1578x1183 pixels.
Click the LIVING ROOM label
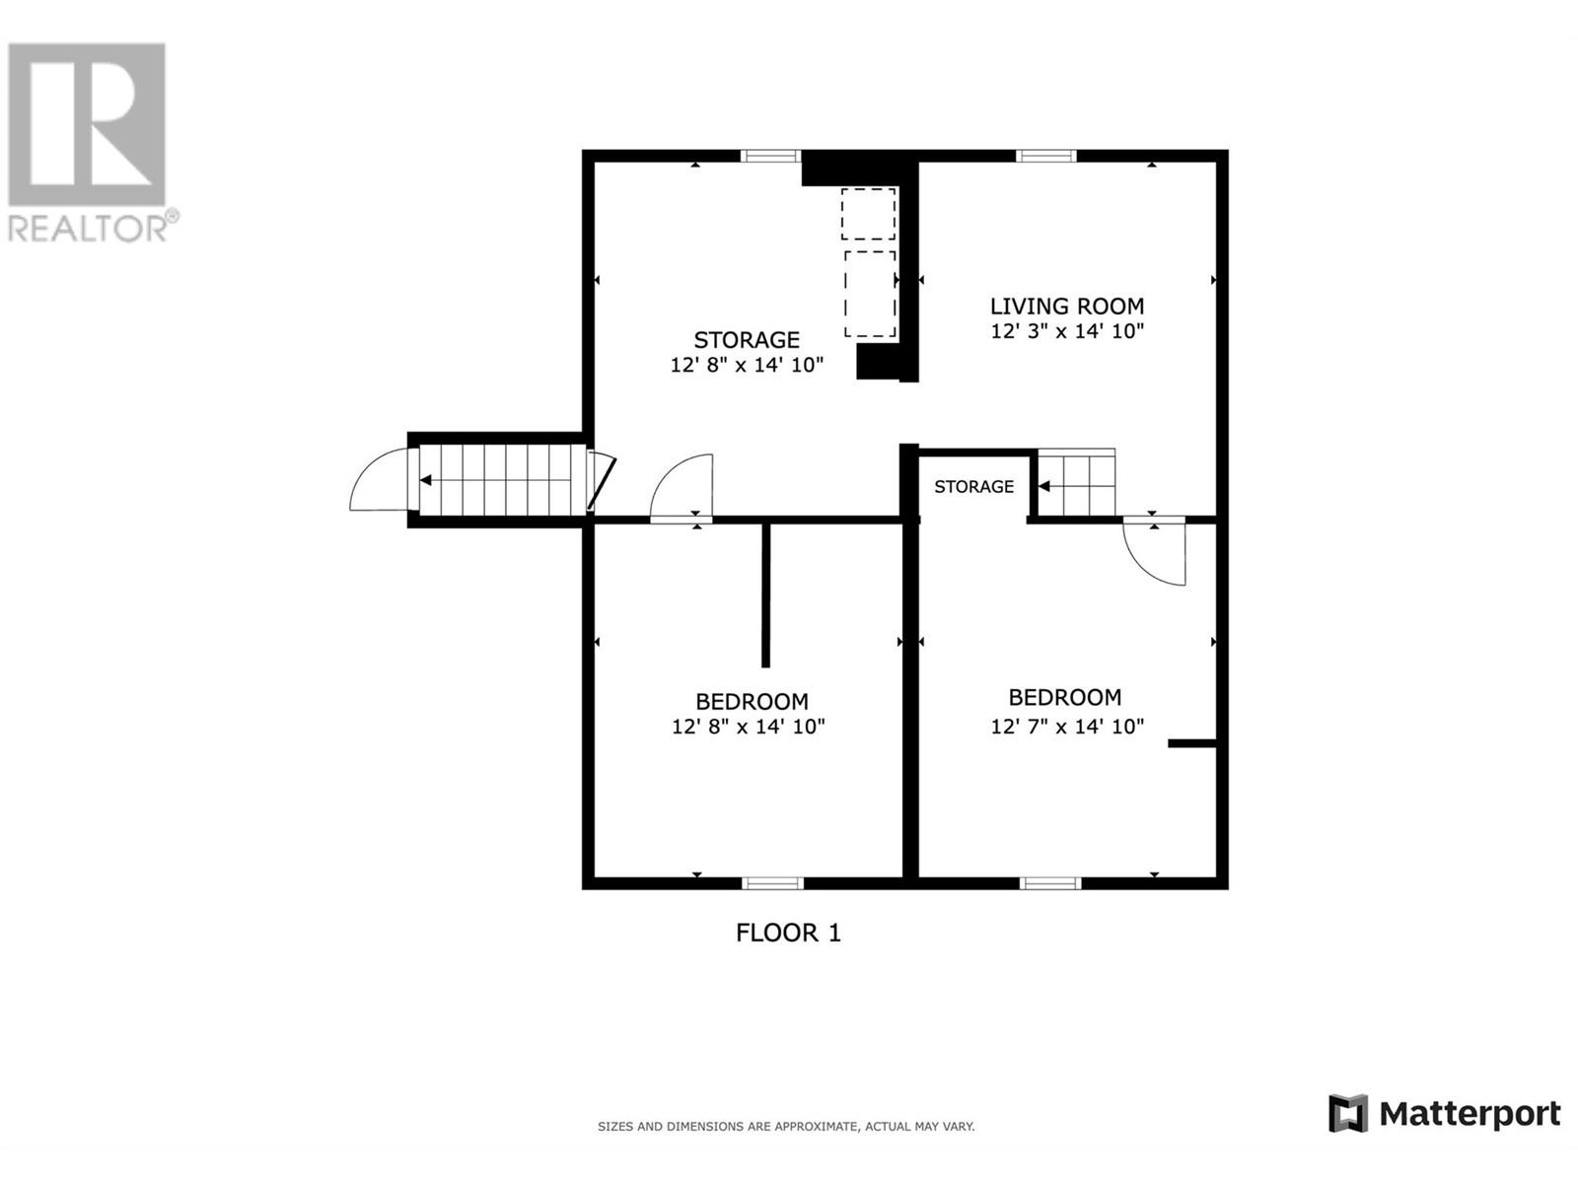point(1067,307)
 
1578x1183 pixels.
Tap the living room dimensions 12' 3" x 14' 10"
point(1067,331)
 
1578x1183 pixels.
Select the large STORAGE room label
point(747,340)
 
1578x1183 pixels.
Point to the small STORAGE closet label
point(973,487)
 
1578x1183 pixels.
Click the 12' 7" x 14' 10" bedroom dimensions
point(1067,727)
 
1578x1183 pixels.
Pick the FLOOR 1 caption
point(788,933)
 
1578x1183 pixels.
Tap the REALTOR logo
point(88,142)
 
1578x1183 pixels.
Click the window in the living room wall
point(1046,156)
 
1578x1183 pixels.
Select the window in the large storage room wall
point(770,156)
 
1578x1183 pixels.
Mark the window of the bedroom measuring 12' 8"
point(773,883)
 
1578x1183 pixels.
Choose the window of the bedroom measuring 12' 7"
point(1050,883)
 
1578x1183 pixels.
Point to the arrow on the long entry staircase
point(503,480)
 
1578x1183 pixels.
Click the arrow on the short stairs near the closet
point(1076,486)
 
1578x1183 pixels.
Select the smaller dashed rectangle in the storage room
point(869,214)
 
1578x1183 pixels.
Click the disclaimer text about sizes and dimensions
point(786,1127)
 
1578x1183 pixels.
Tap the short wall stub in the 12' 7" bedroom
point(1192,743)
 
